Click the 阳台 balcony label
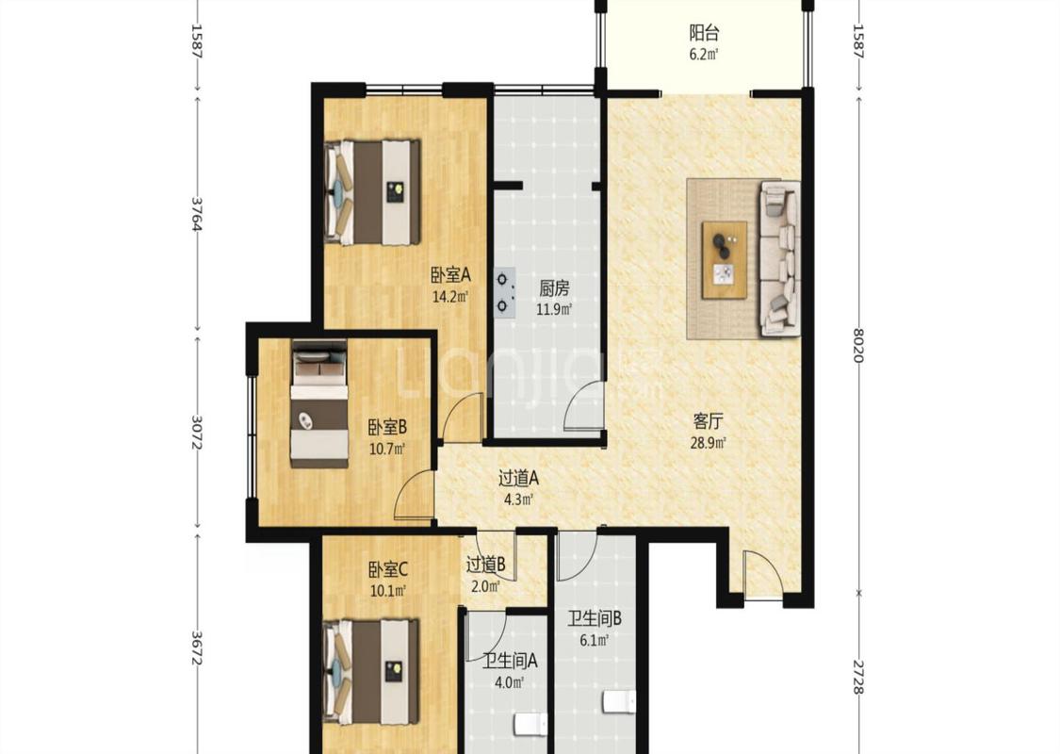coord(704,32)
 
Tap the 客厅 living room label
coord(709,422)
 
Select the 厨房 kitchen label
coord(554,288)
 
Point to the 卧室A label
coord(450,274)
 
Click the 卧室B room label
coord(386,427)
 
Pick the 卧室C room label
coord(388,569)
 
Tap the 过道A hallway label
coord(518,479)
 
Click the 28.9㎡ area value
coord(709,444)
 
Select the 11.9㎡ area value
coord(554,310)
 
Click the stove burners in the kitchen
coord(504,292)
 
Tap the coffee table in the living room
coord(725,260)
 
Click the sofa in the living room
coord(781,257)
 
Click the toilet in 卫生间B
coord(618,701)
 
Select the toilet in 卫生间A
coord(530,726)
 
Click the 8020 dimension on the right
coord(857,345)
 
